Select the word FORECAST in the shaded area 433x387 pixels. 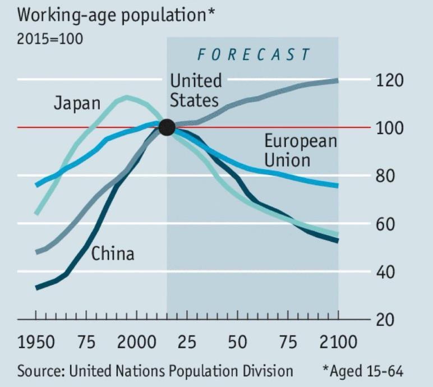(253, 54)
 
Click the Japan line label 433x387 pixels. (77, 104)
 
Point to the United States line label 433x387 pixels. (195, 90)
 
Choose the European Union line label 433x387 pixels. (301, 150)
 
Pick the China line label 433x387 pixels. (113, 254)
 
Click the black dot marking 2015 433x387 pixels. (167, 127)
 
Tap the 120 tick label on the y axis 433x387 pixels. (390, 80)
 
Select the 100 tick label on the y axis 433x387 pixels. (390, 128)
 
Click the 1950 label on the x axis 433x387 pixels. (36, 342)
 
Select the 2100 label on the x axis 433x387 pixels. (338, 342)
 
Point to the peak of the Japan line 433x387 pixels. (126, 98)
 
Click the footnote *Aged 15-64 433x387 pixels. (362, 371)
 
